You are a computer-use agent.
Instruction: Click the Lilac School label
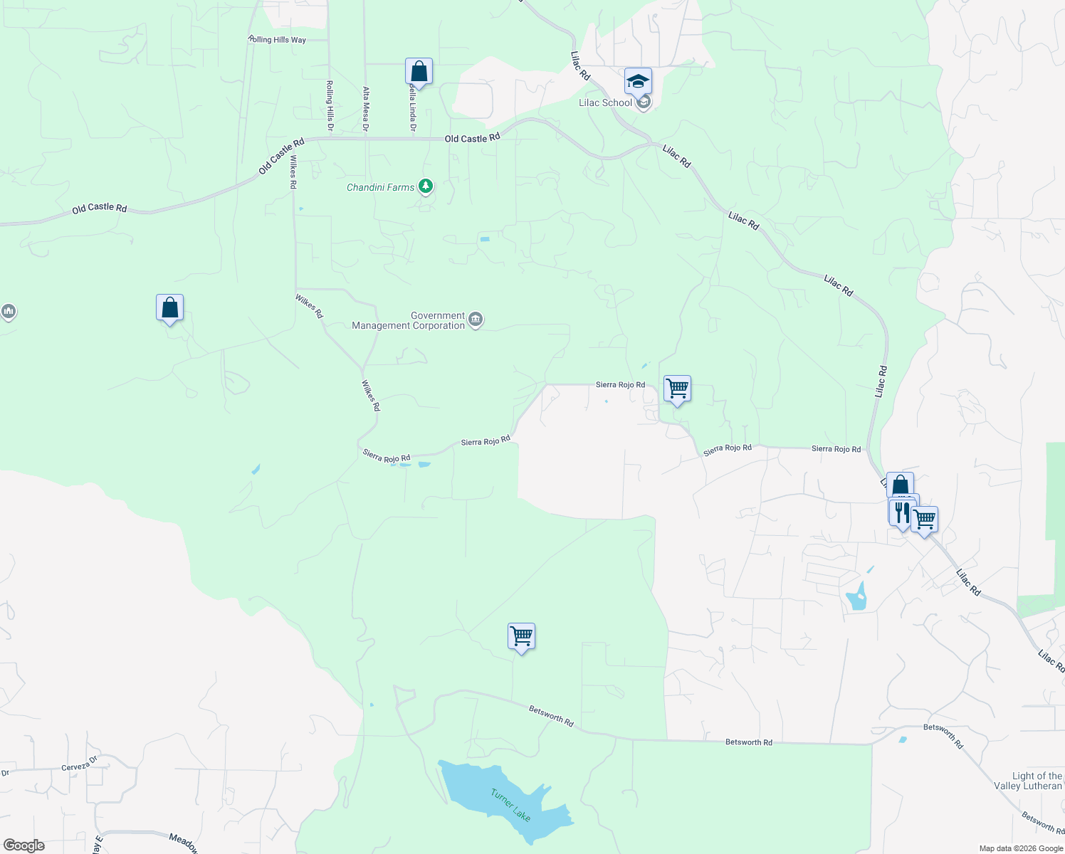coord(605,103)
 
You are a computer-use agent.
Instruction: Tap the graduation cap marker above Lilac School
coord(638,81)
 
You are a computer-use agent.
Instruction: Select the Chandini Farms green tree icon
coord(426,186)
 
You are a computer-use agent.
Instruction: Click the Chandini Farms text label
coord(380,187)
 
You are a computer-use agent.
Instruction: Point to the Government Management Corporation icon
coord(476,320)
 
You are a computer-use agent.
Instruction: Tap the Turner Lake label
coord(510,805)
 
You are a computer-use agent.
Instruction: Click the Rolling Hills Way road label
coord(277,40)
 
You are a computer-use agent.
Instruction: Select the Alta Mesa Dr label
coord(366,109)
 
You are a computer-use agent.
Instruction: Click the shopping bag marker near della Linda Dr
coord(419,72)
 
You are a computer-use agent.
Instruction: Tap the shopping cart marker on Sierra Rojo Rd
coord(677,389)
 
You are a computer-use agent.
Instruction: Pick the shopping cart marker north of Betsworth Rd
coord(521,636)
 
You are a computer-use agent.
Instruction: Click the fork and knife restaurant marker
coord(901,512)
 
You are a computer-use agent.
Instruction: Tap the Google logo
coord(24,845)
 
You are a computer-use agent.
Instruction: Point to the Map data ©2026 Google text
coord(1021,848)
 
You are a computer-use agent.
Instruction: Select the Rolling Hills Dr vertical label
coord(330,105)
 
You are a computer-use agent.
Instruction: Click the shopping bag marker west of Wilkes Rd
coord(169,308)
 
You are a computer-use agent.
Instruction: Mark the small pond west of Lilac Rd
coord(856,597)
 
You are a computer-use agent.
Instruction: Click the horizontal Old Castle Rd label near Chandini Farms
coord(472,138)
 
